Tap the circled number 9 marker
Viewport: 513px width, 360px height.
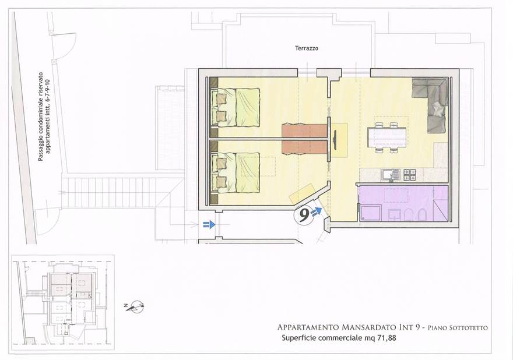tap(304, 216)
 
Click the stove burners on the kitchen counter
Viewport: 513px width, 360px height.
tap(410, 174)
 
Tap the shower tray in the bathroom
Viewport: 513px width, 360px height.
tap(371, 213)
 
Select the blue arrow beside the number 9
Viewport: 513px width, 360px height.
tap(318, 211)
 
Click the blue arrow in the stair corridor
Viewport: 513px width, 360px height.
tap(209, 224)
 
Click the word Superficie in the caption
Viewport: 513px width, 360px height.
tap(301, 338)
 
